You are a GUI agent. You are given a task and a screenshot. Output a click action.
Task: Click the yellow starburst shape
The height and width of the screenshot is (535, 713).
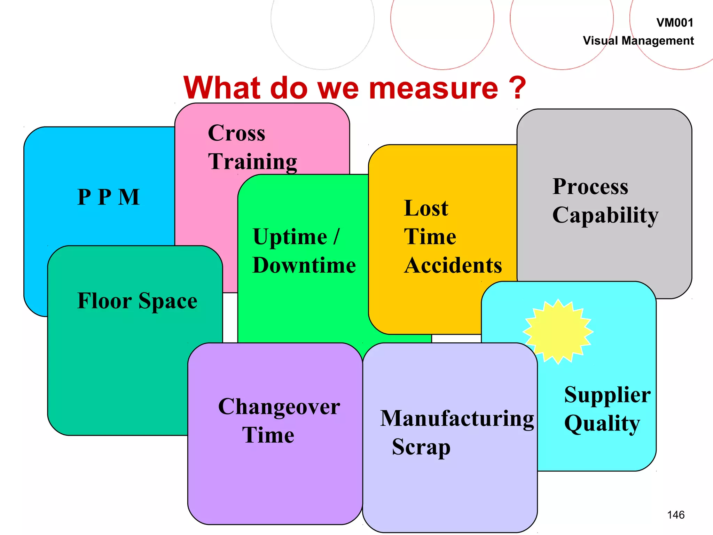pos(558,331)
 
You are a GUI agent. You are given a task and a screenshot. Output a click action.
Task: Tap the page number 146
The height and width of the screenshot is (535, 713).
pos(676,515)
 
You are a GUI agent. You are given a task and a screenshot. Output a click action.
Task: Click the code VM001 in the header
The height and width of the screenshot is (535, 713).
pos(675,23)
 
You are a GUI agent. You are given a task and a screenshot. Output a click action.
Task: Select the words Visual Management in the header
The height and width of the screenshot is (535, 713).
pos(638,41)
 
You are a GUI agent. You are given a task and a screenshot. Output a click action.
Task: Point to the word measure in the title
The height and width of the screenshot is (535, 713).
pos(433,88)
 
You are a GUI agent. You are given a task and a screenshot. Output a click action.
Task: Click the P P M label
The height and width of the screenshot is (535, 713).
pos(109,197)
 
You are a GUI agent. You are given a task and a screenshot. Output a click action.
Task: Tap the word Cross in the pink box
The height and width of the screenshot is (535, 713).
pos(236,133)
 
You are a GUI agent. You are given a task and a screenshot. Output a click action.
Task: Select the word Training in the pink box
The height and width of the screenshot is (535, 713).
pos(252,162)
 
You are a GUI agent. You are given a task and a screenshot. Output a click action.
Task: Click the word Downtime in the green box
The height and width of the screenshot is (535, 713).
pos(304,265)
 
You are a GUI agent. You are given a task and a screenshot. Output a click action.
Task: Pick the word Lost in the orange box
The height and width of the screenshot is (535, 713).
pos(426,208)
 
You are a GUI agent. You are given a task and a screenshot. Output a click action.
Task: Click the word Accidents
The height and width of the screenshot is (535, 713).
pos(453,265)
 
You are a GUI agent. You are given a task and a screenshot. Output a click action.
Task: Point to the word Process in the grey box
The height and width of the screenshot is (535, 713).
pos(590,187)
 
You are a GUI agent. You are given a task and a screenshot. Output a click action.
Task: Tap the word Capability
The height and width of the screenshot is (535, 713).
pos(605,215)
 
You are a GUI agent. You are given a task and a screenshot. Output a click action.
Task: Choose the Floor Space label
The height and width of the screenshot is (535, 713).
pos(137,301)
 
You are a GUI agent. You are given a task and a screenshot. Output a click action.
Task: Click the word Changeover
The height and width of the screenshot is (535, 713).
pos(279,407)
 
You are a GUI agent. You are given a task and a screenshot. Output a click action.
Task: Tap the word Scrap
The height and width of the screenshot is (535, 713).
pos(421,447)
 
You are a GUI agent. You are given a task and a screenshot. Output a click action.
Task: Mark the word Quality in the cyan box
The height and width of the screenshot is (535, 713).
pos(602,424)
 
